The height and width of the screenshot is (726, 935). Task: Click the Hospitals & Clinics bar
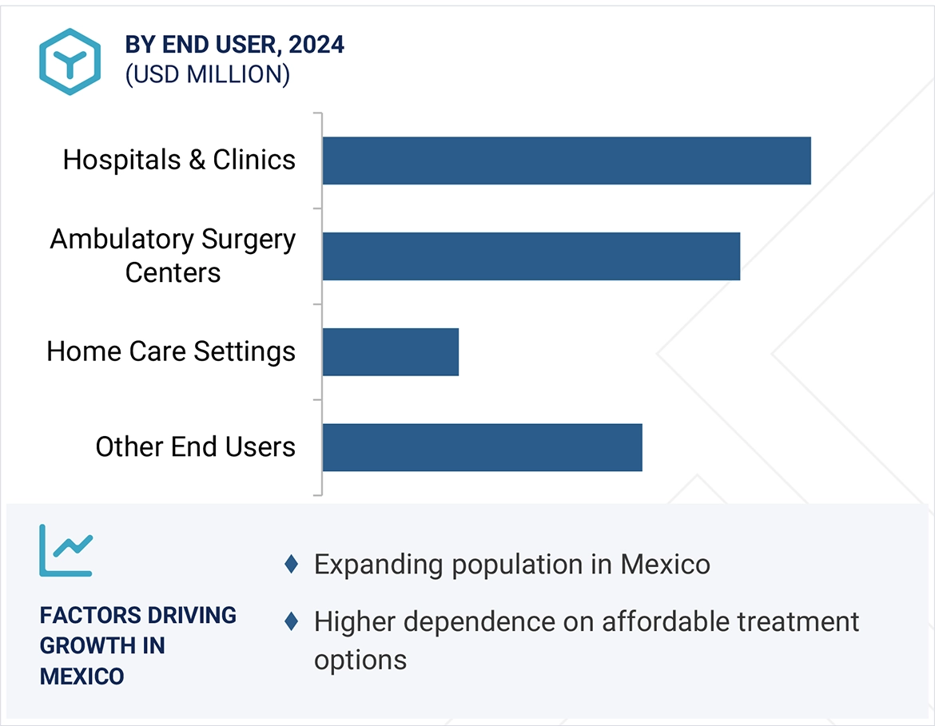point(567,161)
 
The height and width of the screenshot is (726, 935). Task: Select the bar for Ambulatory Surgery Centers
point(531,256)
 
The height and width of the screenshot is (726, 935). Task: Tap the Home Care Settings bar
point(391,351)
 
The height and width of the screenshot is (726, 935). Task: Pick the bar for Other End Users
point(483,447)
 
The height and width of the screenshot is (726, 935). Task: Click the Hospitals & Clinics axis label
point(179,160)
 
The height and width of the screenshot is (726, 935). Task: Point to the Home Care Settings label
point(171,351)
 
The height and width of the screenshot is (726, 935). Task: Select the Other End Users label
point(196,446)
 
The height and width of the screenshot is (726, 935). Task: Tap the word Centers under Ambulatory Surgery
point(173,272)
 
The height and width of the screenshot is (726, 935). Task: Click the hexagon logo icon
point(70,61)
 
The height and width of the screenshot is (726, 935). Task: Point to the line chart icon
point(66,550)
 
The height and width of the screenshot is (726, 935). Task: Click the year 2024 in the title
point(316,45)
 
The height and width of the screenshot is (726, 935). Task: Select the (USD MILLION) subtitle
point(207,74)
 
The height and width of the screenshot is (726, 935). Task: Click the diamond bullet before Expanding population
point(292,565)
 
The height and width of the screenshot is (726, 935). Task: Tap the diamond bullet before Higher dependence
point(292,621)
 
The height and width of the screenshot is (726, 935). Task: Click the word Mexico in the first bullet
point(665,565)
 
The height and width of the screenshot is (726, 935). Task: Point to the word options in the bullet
point(360,661)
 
